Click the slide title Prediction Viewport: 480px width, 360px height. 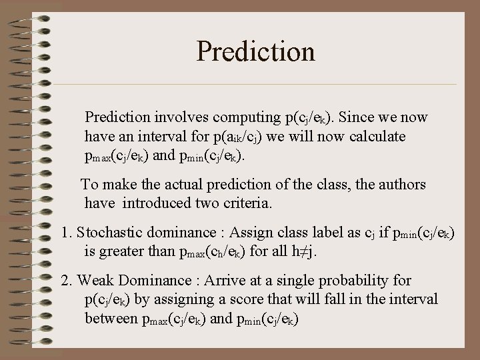click(255, 51)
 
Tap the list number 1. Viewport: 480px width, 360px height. click(65, 233)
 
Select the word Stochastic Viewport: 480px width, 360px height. click(108, 233)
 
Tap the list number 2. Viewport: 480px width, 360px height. click(65, 281)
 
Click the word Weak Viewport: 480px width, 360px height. click(95, 281)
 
